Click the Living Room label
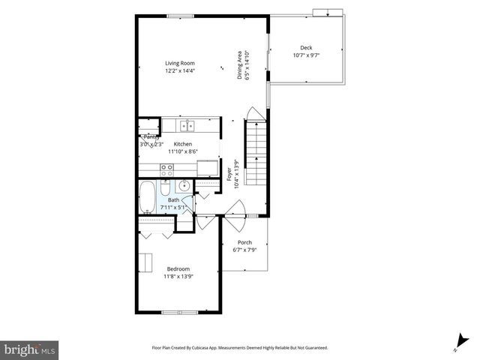click(x=180, y=63)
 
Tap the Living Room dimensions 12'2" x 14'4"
click(x=180, y=70)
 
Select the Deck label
click(x=306, y=48)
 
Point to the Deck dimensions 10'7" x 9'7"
click(x=306, y=55)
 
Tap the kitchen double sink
click(x=187, y=125)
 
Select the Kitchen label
click(x=183, y=144)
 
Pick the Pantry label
click(x=150, y=137)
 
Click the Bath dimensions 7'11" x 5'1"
click(x=173, y=207)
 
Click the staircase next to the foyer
click(x=256, y=154)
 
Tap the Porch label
click(x=244, y=242)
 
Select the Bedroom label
click(x=178, y=268)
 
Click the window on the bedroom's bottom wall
click(x=179, y=311)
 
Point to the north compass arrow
click(x=456, y=340)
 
